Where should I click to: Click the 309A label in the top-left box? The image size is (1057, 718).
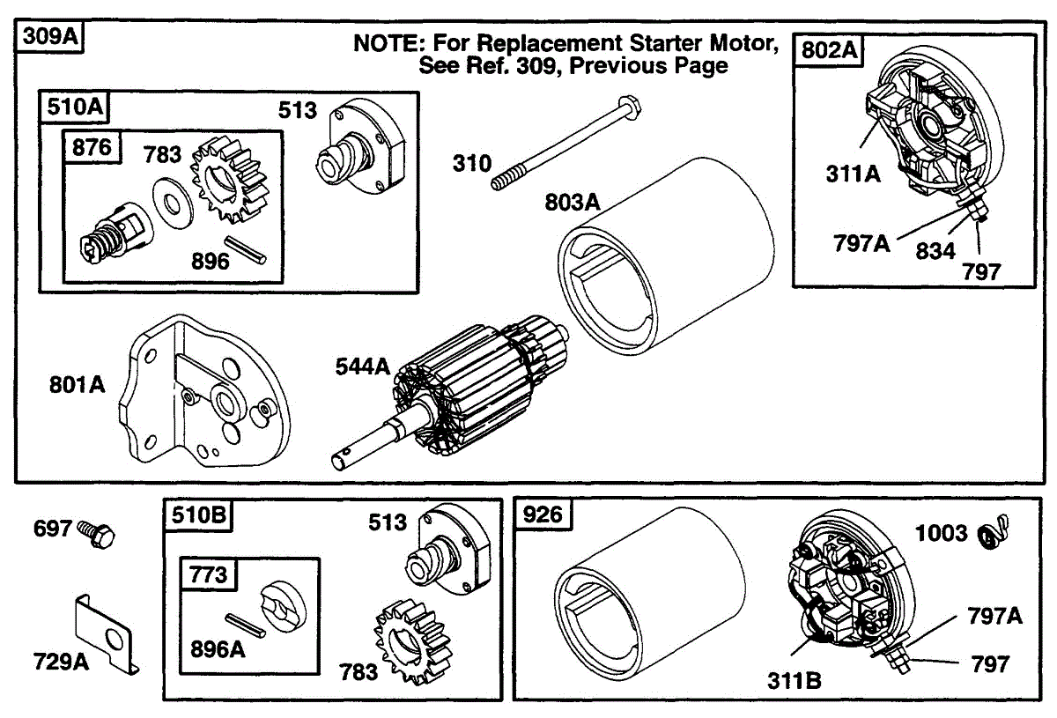[x=50, y=36]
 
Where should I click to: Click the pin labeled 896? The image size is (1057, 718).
[x=245, y=250]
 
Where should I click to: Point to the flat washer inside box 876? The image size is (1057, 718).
[x=173, y=204]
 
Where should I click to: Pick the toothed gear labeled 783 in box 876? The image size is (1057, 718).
[x=229, y=180]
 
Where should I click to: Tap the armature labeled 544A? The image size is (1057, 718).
[x=450, y=393]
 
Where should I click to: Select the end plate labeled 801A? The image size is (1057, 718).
[x=204, y=391]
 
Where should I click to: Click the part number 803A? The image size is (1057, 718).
[x=572, y=202]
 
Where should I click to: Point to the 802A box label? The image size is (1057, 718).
[x=829, y=49]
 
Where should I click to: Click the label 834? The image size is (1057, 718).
[x=935, y=251]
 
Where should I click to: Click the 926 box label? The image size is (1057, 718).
[x=543, y=514]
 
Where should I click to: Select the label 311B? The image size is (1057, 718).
[x=795, y=681]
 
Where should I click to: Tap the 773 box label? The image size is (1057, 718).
[x=208, y=574]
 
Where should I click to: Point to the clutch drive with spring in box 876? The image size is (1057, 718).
[x=117, y=233]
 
